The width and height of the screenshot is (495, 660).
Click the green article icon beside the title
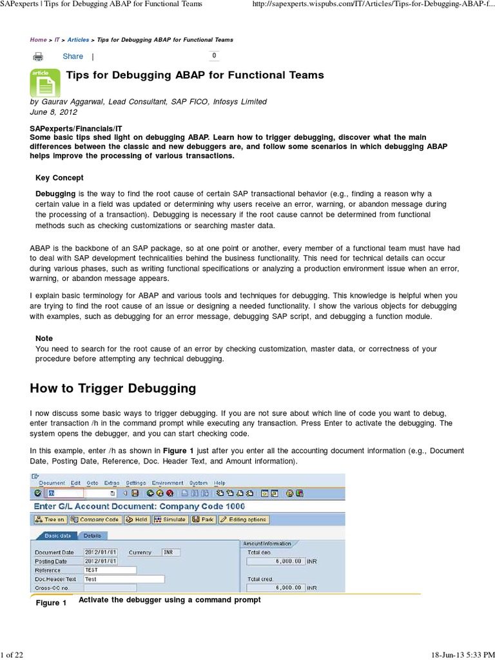click(45, 82)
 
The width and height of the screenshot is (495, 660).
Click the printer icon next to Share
click(39, 57)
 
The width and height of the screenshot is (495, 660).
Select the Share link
click(73, 57)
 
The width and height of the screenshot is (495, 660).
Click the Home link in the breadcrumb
click(38, 40)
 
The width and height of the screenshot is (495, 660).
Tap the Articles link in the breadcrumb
click(79, 40)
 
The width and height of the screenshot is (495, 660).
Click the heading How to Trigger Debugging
click(113, 388)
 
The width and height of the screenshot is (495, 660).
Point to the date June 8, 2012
click(53, 111)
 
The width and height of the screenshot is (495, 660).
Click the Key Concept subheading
click(59, 178)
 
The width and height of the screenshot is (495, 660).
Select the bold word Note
click(44, 338)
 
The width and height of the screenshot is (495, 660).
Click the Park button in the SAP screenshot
click(205, 519)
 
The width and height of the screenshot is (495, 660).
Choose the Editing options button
click(243, 519)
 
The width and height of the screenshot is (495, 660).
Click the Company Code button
click(95, 519)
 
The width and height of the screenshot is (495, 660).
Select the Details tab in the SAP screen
click(92, 536)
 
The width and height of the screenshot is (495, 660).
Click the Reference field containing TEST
click(110, 570)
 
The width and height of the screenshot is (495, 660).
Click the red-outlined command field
click(64, 493)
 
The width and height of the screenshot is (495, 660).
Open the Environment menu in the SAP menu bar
click(168, 483)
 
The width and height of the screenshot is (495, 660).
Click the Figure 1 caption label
click(51, 603)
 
